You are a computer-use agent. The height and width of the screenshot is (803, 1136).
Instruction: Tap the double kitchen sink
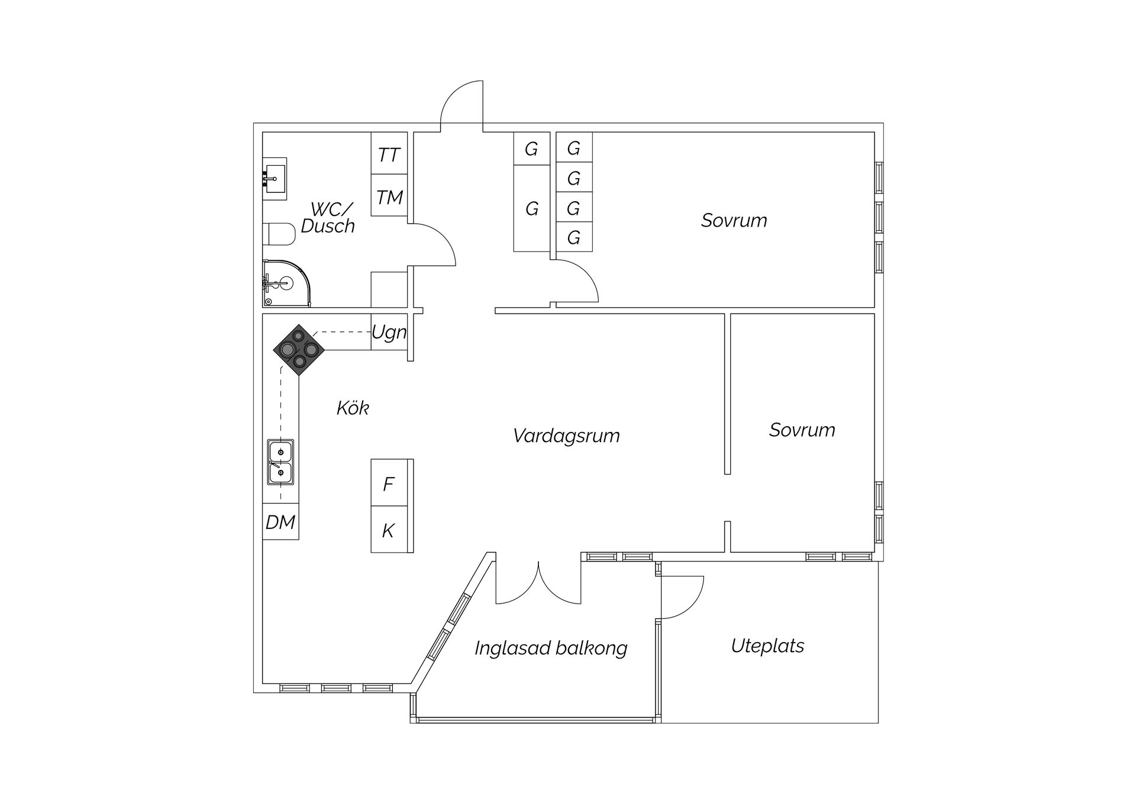coord(280,462)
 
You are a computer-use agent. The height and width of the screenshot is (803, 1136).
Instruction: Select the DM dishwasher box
coord(280,522)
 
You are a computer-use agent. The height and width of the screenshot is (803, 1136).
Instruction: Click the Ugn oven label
coord(389,333)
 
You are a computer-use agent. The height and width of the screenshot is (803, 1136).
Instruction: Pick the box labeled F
coord(389,483)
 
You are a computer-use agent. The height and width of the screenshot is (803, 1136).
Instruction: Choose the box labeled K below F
coord(389,530)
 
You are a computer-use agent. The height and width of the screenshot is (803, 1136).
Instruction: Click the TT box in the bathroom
coord(389,154)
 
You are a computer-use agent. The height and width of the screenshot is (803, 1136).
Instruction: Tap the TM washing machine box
coord(389,196)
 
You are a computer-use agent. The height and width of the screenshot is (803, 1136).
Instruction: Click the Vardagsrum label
coord(566,436)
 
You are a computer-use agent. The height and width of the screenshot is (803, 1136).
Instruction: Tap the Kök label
coord(353,408)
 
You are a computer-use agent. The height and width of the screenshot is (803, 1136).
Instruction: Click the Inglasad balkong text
coord(550,649)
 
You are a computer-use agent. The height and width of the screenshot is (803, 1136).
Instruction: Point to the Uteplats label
coord(767,646)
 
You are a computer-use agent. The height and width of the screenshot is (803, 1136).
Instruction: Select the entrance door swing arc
coord(461,104)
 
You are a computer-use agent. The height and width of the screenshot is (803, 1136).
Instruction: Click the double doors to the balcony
coord(538,586)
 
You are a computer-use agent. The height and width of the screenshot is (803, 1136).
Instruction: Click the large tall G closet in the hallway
coord(531,208)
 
